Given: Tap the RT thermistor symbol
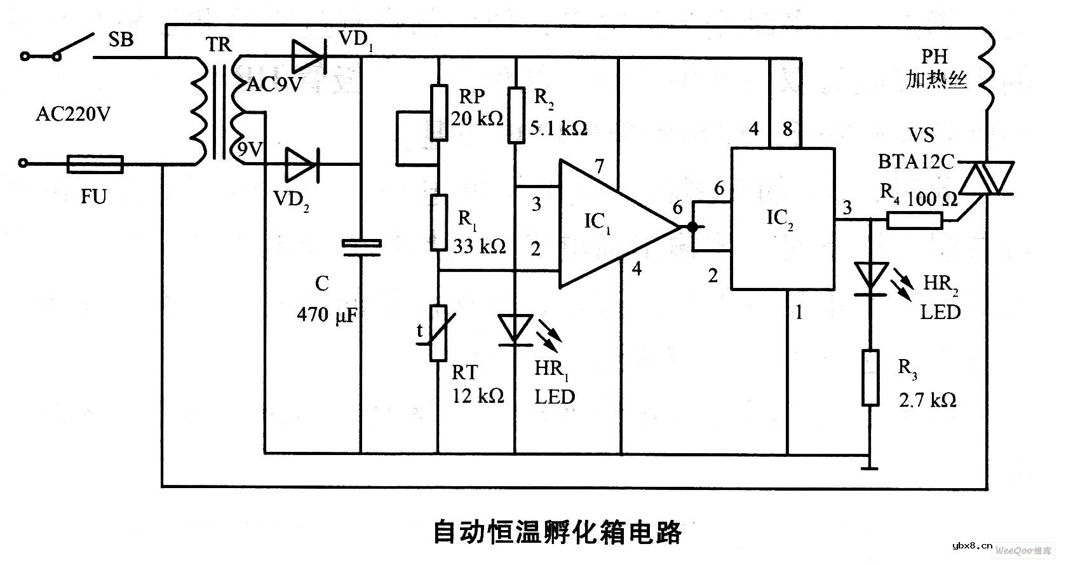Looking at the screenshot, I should coord(438,332).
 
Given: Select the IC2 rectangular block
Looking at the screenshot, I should coord(782,219).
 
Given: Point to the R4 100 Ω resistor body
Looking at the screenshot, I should coord(915,220).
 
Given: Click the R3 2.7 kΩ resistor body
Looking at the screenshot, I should coord(870,377).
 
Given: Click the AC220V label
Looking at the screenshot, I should coord(73,114).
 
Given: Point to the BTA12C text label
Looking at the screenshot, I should coord(915,162).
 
